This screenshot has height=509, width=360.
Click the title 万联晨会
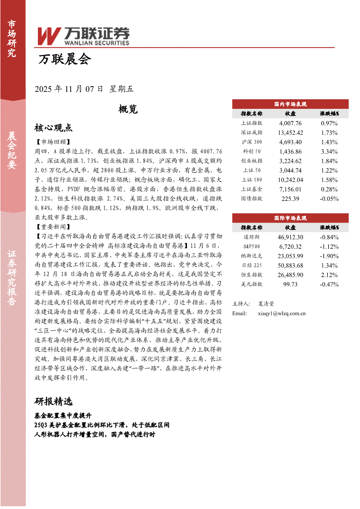[x=64, y=59]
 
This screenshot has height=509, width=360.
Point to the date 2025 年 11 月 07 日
[x=69, y=89]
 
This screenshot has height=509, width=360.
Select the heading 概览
[x=128, y=109]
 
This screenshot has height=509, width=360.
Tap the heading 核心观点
[x=53, y=128]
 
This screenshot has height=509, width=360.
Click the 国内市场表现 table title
[x=290, y=104]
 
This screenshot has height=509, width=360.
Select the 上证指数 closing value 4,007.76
[x=290, y=123]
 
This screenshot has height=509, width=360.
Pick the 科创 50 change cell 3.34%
[x=329, y=152]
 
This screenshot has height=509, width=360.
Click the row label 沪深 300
[x=252, y=142]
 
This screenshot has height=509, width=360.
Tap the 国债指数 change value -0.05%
[x=329, y=199]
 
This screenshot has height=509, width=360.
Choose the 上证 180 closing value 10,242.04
[x=290, y=180]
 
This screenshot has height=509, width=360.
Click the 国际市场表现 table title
[x=290, y=218]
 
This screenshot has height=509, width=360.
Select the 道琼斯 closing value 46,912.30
[x=290, y=237]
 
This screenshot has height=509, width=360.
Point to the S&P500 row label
[x=251, y=246]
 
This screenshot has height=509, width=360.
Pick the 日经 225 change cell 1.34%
[x=329, y=266]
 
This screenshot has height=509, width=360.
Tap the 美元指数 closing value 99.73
[x=290, y=284]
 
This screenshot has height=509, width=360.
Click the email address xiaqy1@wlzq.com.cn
[x=282, y=313]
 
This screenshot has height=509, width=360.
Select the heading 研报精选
[x=53, y=401]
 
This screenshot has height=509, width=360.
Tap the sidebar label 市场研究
[x=12, y=39]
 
